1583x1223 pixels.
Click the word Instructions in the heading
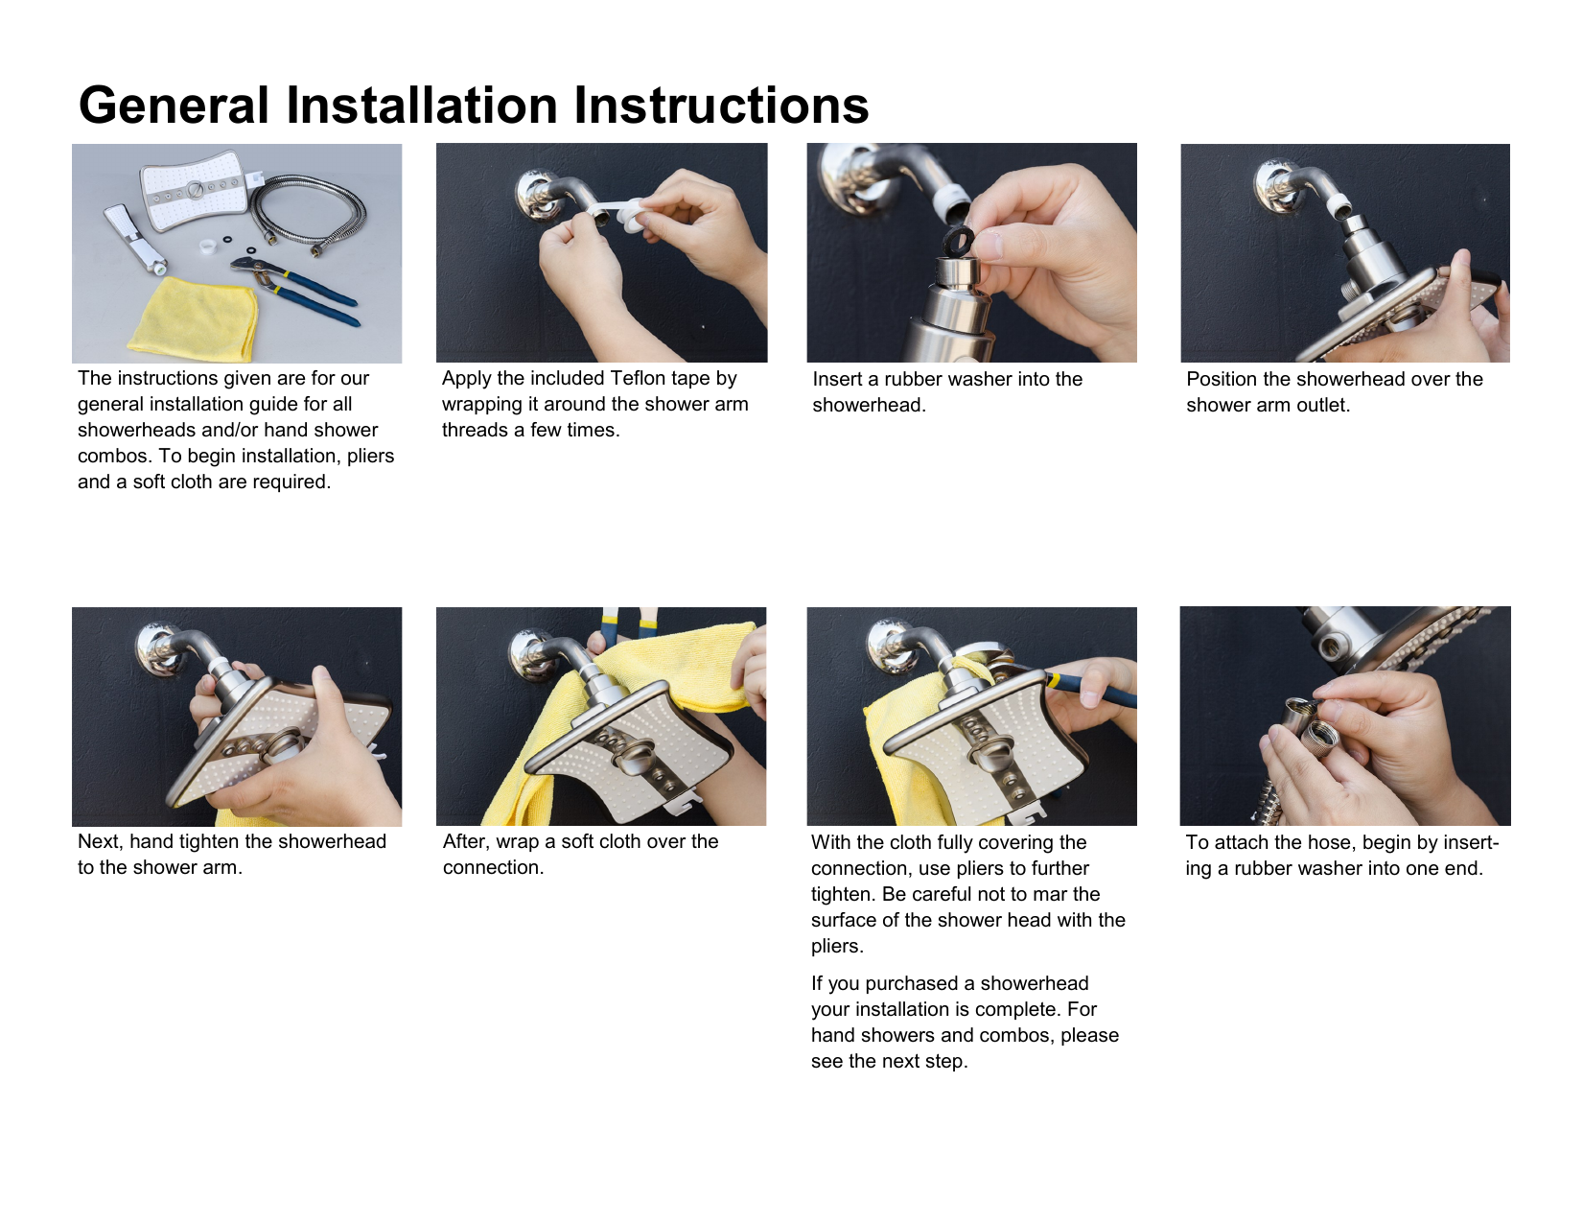click(721, 106)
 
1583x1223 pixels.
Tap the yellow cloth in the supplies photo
click(193, 318)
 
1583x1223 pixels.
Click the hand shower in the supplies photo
click(136, 238)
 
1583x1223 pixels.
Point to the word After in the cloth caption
click(466, 842)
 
